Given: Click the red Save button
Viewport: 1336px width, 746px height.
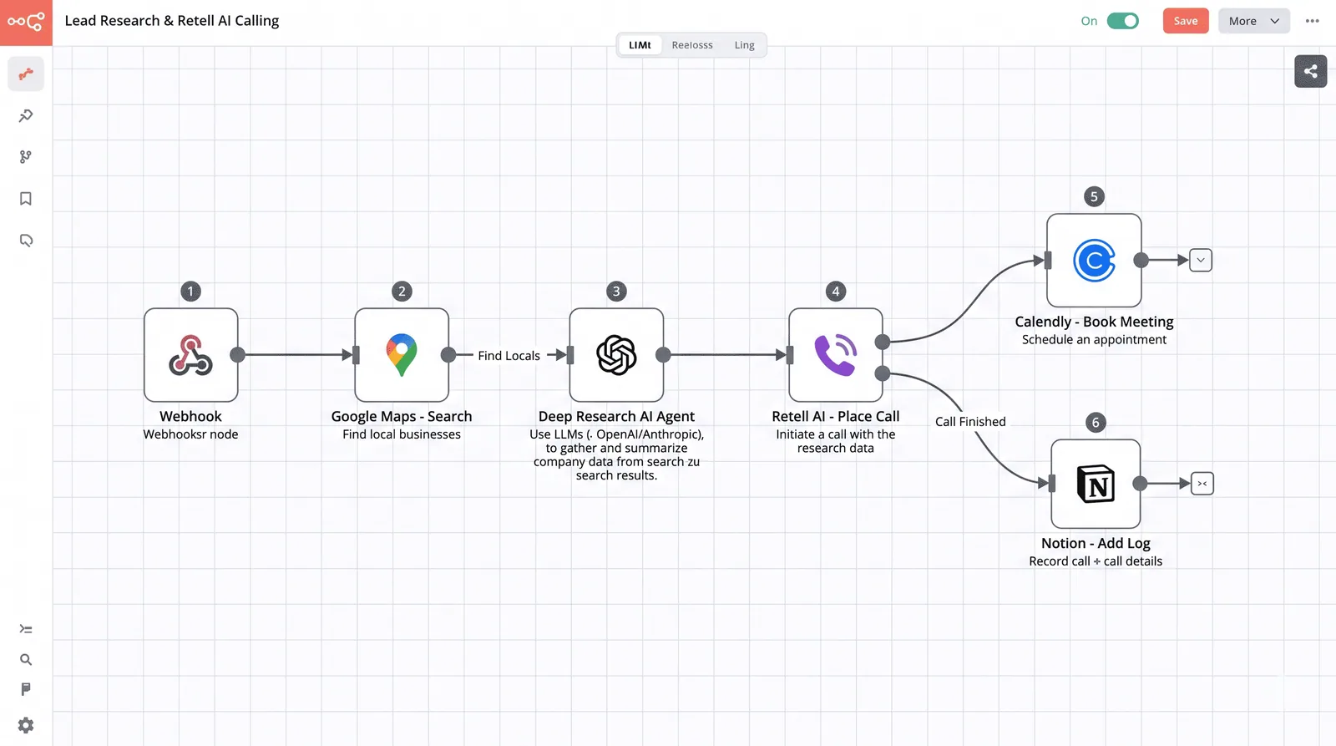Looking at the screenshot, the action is tap(1185, 21).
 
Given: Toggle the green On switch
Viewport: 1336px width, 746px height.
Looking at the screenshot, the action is tap(1122, 21).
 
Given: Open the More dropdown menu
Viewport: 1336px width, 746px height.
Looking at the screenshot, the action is tap(1253, 21).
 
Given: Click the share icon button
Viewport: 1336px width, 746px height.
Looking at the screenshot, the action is tap(1310, 71).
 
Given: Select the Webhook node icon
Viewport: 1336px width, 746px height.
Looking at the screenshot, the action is tap(191, 355).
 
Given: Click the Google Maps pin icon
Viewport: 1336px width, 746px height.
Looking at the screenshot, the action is tap(402, 355).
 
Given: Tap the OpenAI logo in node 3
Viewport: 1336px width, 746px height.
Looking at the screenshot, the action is tap(616, 355).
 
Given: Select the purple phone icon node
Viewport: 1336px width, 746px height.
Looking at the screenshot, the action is tap(836, 355).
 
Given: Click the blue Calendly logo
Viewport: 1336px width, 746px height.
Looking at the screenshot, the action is tap(1094, 260).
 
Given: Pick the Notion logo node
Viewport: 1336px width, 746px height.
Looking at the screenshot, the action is tap(1096, 484).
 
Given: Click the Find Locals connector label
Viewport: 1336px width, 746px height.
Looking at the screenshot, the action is tap(509, 356).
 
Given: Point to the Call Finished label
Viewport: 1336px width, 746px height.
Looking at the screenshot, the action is tap(970, 421).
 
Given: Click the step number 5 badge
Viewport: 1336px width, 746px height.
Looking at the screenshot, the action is tap(1094, 196).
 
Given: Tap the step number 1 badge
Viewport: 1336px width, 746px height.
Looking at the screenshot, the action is tap(191, 292).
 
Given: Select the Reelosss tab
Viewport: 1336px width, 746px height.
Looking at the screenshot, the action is tap(692, 45).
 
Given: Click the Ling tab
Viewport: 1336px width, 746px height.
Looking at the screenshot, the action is tap(744, 45).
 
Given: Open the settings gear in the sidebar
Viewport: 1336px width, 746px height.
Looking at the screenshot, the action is tap(26, 725).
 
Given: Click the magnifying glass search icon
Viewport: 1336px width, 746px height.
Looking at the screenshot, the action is tap(26, 659).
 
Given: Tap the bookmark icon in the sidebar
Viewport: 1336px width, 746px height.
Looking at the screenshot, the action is tap(26, 198).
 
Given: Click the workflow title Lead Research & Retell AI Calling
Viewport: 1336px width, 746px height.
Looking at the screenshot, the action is tap(172, 21).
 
